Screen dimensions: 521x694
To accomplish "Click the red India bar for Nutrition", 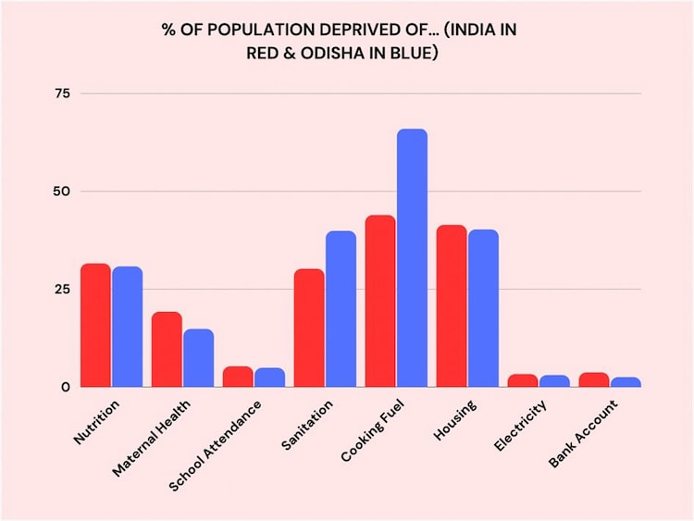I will tap(95, 326).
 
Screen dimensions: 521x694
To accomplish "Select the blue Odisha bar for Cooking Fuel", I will tap(412, 258).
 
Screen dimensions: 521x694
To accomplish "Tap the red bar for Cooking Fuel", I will tap(380, 301).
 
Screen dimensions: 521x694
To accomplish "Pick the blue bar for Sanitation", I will tap(341, 309).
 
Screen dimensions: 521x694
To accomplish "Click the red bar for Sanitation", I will tap(309, 328).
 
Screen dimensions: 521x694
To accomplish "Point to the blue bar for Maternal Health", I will tap(198, 358).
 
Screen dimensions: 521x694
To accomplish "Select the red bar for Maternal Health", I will tap(167, 350).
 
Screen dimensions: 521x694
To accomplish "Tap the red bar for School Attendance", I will tap(238, 377).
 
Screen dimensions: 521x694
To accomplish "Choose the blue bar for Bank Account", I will tap(626, 381).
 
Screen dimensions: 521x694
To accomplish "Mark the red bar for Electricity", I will tap(523, 380).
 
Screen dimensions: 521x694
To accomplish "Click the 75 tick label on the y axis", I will tap(62, 93).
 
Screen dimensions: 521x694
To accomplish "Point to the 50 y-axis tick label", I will tap(62, 192).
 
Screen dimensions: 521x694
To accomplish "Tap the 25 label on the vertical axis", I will tap(62, 289).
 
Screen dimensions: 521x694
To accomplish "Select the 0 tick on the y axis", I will tap(66, 387).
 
